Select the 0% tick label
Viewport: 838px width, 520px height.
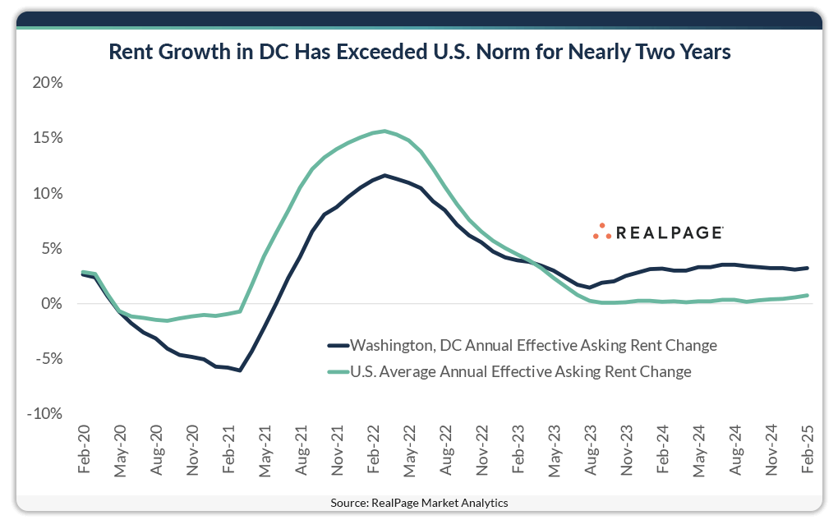coord(53,304)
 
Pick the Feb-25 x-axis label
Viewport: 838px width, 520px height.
coord(808,449)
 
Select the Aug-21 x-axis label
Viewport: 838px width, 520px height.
coord(301,449)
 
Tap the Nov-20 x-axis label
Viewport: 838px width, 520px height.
coord(192,449)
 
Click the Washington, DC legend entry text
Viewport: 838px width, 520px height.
coord(533,346)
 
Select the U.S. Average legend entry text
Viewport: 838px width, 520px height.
coord(520,371)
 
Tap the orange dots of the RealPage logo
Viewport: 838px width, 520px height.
coord(602,232)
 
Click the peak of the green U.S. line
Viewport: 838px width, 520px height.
coord(383,131)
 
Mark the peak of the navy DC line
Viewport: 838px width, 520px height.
coord(384,175)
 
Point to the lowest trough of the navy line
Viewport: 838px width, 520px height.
coord(240,370)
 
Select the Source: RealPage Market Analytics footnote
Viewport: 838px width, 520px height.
coord(419,503)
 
